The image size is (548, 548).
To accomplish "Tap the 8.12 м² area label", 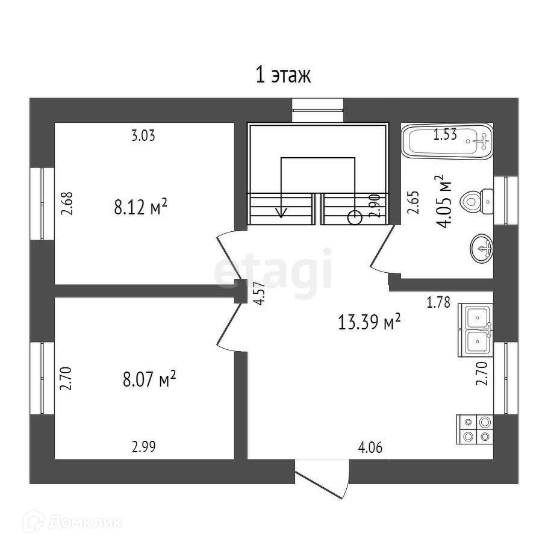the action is (140, 208).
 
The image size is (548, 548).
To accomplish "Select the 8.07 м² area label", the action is (149, 379).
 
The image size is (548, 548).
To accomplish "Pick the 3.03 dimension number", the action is (143, 136).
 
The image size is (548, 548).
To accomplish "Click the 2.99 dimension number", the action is (145, 447).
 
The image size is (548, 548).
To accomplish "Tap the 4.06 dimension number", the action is (370, 448).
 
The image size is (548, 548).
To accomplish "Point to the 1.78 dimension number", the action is (439, 303).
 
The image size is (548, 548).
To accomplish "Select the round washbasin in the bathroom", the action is (481, 247).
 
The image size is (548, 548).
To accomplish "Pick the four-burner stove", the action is (476, 429).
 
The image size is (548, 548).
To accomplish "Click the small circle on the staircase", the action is (355, 217).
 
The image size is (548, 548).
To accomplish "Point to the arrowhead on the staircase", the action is (281, 212).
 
